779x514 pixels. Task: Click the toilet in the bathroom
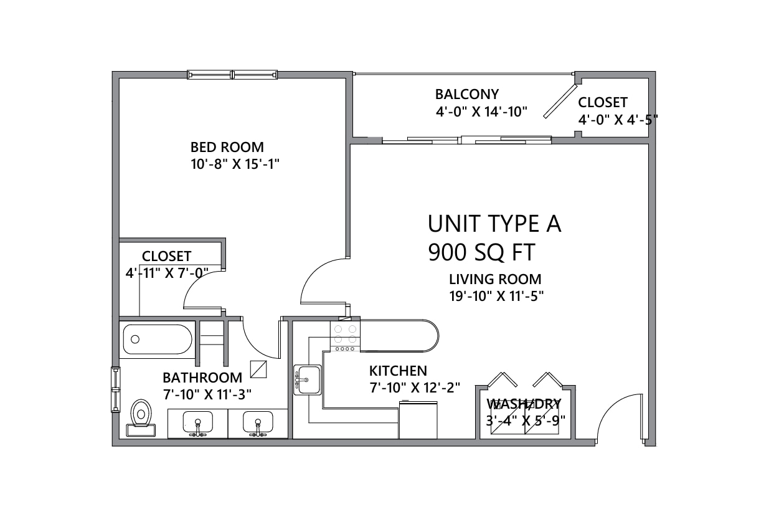pyautogui.click(x=141, y=417)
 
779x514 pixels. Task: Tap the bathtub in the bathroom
pyautogui.click(x=157, y=340)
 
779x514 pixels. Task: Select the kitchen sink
pyautogui.click(x=307, y=379)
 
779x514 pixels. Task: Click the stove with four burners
pyautogui.click(x=345, y=336)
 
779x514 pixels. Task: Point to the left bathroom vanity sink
pyautogui.click(x=197, y=423)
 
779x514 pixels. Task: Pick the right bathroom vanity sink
pyautogui.click(x=258, y=423)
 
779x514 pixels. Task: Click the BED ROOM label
pyautogui.click(x=227, y=147)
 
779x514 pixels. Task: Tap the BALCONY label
pyautogui.click(x=467, y=94)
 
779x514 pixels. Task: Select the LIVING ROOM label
pyautogui.click(x=495, y=279)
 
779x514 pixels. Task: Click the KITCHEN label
pyautogui.click(x=398, y=371)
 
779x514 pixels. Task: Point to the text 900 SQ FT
pyautogui.click(x=481, y=253)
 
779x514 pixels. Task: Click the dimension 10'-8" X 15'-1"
pyautogui.click(x=235, y=164)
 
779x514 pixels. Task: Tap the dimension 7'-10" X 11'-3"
pyautogui.click(x=207, y=394)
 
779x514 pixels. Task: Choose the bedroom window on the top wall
pyautogui.click(x=232, y=75)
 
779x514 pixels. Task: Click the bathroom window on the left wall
pyautogui.click(x=115, y=390)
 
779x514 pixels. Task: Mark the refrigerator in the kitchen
pyautogui.click(x=418, y=420)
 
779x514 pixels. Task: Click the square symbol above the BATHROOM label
pyautogui.click(x=258, y=369)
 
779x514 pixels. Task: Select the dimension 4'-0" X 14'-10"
pyautogui.click(x=481, y=112)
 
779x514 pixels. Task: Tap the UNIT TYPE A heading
pyautogui.click(x=494, y=224)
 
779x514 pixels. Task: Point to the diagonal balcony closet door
pyautogui.click(x=560, y=101)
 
